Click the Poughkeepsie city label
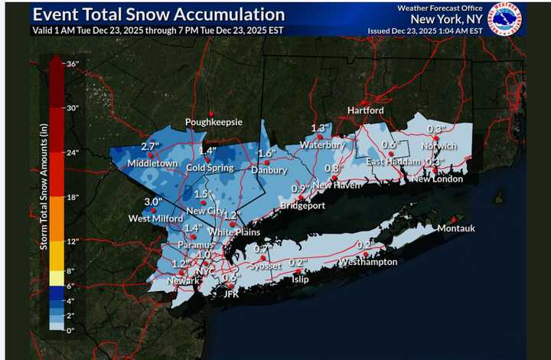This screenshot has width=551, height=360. (214, 123)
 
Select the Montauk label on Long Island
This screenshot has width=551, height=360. (457, 228)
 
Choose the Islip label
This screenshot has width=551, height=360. (299, 280)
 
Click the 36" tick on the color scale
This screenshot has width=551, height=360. (73, 64)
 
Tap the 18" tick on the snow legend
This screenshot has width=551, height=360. (73, 198)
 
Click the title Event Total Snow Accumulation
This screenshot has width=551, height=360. (159, 15)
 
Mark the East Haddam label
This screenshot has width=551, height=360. (393, 162)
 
